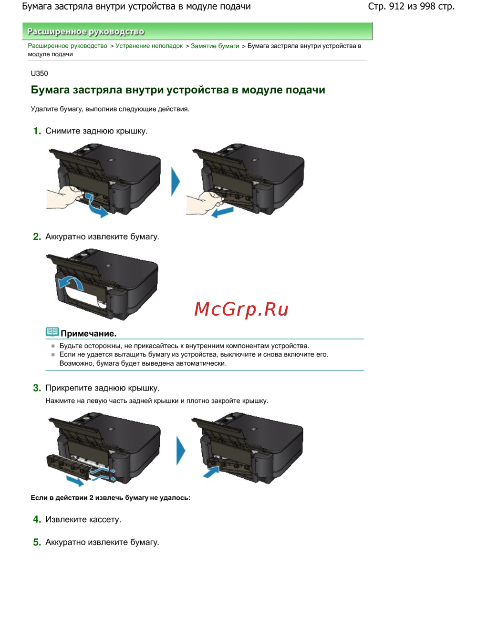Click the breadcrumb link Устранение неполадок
(x=149, y=46)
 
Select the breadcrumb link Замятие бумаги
(x=215, y=46)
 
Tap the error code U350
(x=39, y=73)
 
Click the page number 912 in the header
(x=396, y=6)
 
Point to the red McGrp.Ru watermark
(x=241, y=309)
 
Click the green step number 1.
(x=37, y=131)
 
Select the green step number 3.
(x=37, y=388)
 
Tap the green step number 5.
(x=37, y=542)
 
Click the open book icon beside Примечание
(x=52, y=332)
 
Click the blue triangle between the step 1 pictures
(x=175, y=182)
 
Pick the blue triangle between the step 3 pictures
(x=181, y=451)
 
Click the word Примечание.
(x=89, y=333)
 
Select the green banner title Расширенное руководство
(x=86, y=31)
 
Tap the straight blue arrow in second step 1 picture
(x=223, y=212)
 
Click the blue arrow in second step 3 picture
(x=211, y=472)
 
